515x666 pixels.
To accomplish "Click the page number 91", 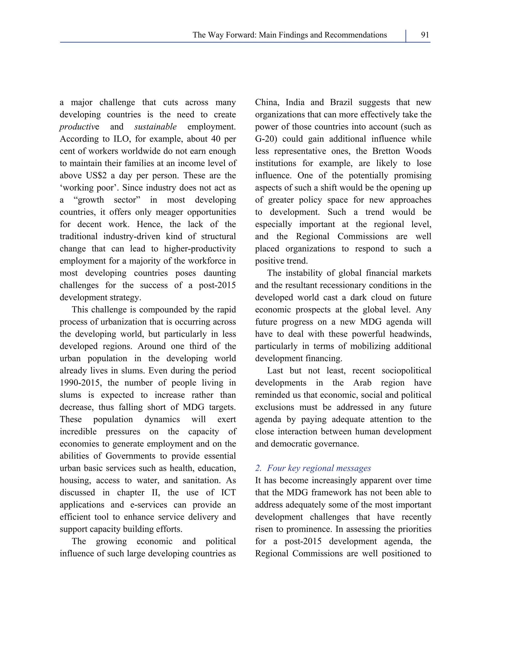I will click(425, 35).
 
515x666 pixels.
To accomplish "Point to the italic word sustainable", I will click(155, 127).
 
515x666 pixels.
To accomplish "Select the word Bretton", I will click(386, 151).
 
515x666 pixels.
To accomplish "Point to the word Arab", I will click(362, 383).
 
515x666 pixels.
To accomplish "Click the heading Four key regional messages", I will click(319, 468).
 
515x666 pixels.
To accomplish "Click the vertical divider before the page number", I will click(406, 36).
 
